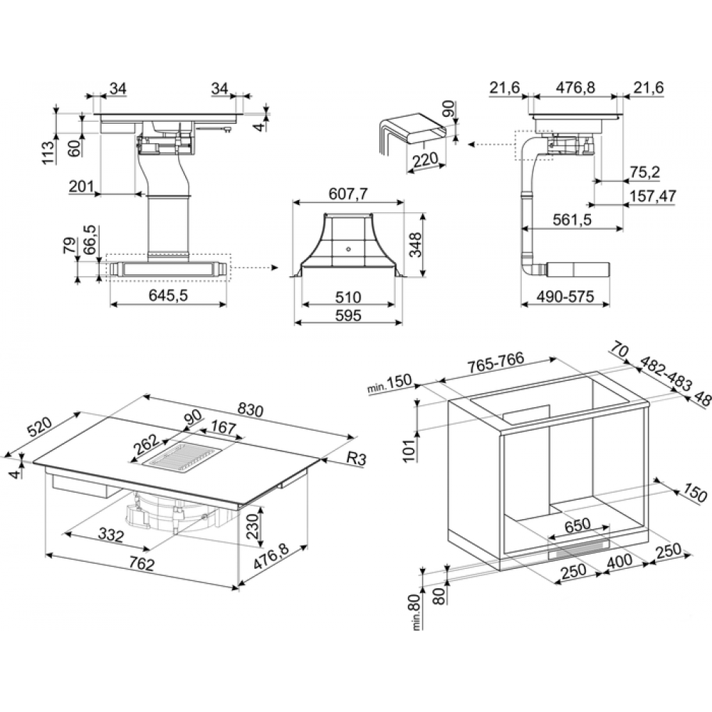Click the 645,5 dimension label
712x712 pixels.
[x=168, y=295]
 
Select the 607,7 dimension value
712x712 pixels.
[x=348, y=194]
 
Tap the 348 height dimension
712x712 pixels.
[x=415, y=245]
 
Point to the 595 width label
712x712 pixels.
[x=348, y=315]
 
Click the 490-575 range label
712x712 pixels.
[x=565, y=296]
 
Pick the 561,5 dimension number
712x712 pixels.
[x=572, y=220]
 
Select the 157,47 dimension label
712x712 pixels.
[x=653, y=197]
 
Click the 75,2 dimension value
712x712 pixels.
[x=645, y=172]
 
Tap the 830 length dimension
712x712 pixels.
[x=251, y=411]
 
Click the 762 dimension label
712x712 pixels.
[x=142, y=563]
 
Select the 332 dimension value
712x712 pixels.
[x=111, y=535]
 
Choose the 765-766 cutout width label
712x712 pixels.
[x=496, y=362]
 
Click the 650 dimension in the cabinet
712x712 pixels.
[x=577, y=525]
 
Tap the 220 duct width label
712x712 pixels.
[x=426, y=159]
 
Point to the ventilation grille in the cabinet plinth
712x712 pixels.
[x=580, y=550]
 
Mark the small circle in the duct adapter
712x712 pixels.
[x=348, y=248]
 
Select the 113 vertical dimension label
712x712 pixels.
[x=48, y=152]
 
